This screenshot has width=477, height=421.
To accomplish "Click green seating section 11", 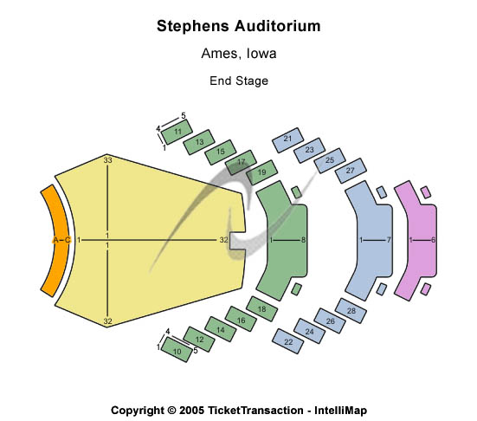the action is coord(177,132).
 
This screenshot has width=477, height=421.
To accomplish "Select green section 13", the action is coord(199,142).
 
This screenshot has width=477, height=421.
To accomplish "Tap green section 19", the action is coord(261,172).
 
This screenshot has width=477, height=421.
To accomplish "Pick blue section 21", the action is coord(287,140).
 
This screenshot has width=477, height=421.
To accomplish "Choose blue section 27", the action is coord(351,171).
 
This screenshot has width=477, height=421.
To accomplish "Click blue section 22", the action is coord(287,341).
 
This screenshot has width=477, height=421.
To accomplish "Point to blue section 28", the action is coord(351,310).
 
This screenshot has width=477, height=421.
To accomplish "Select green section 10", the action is coord(177,349).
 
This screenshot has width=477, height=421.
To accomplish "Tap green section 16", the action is coord(241,319).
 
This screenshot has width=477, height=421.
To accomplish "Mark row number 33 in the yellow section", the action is coord(107,160).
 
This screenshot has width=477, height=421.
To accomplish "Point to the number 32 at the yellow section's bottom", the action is coord(107,321).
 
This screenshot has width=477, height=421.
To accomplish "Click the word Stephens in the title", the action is coord(193,26).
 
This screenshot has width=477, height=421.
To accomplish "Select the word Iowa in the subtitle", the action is coord(261,54).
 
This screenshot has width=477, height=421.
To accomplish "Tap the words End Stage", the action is coord(239,81).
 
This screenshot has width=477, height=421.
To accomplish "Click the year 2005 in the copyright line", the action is coord(191,410).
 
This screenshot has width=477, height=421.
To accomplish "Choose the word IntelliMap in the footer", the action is coord(340,411).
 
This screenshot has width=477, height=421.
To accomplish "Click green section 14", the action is coord(220,329).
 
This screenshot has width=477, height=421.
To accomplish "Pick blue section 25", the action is coord(330,160).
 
